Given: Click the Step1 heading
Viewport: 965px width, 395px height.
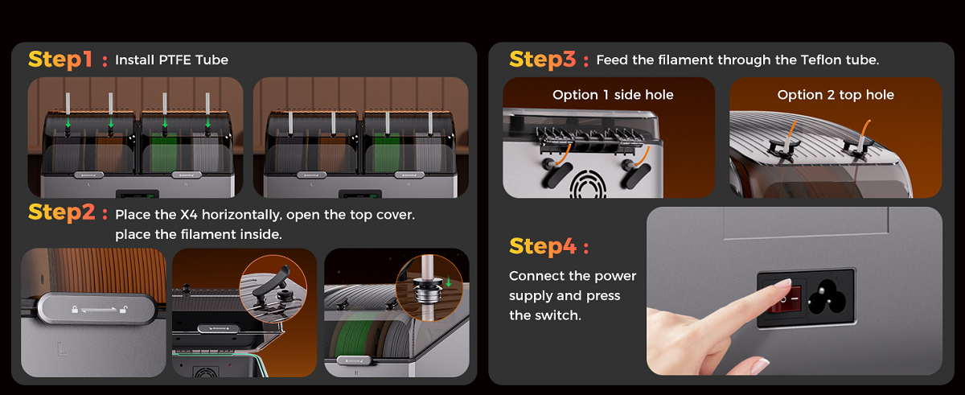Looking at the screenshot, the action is coord(60,60).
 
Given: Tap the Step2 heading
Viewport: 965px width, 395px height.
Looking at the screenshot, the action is coord(62,212).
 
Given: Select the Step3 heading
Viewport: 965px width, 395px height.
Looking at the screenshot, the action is coord(542,60).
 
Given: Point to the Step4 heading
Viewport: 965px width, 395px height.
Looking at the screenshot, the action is coord(543,246).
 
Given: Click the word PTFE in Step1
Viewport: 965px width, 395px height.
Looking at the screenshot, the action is coord(175,60).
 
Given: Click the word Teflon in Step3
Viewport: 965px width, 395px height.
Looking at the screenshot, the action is coord(819,60).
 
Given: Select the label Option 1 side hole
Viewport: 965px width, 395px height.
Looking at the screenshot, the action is coord(613,95).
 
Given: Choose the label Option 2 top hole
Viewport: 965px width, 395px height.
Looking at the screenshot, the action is coord(836,95).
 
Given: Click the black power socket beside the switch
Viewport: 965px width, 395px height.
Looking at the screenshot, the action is coord(827,297).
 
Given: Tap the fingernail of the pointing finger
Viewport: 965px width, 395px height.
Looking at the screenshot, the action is coord(783,283).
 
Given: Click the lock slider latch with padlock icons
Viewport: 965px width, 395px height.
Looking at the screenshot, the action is coord(97,309).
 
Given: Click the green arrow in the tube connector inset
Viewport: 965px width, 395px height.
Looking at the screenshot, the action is coord(449,282).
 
